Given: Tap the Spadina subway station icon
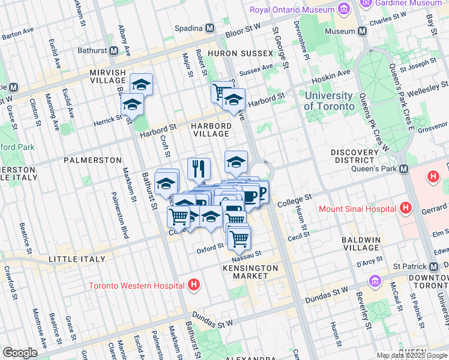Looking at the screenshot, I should [211, 28].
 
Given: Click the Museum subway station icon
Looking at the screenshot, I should [362, 31].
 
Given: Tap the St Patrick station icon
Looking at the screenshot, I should [432, 266].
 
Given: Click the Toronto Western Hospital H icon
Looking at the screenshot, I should [193, 285].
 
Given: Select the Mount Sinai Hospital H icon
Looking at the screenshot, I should [406, 209].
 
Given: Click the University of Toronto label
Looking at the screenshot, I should [328, 101].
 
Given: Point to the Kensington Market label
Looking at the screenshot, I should [250, 272].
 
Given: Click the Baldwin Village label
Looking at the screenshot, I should [361, 244].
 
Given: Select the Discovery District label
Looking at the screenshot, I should [355, 157].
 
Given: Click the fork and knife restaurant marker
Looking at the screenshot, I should [199, 169].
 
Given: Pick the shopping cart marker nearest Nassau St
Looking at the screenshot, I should [239, 238].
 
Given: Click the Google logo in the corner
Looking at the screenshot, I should [20, 353].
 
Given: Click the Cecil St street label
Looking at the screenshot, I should [298, 236].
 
